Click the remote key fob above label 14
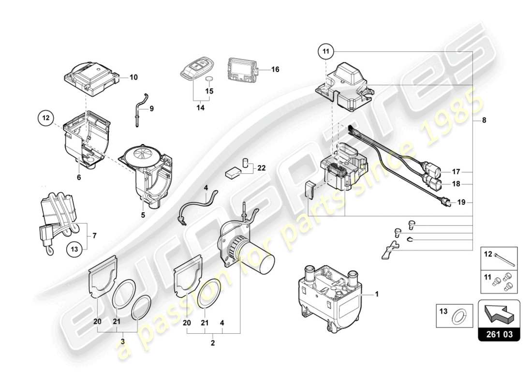click(193, 68)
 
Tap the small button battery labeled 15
click(209, 80)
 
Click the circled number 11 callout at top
click(326, 51)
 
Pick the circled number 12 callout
click(45, 118)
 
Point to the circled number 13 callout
click(73, 249)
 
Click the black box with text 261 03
click(499, 333)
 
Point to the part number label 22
click(262, 168)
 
